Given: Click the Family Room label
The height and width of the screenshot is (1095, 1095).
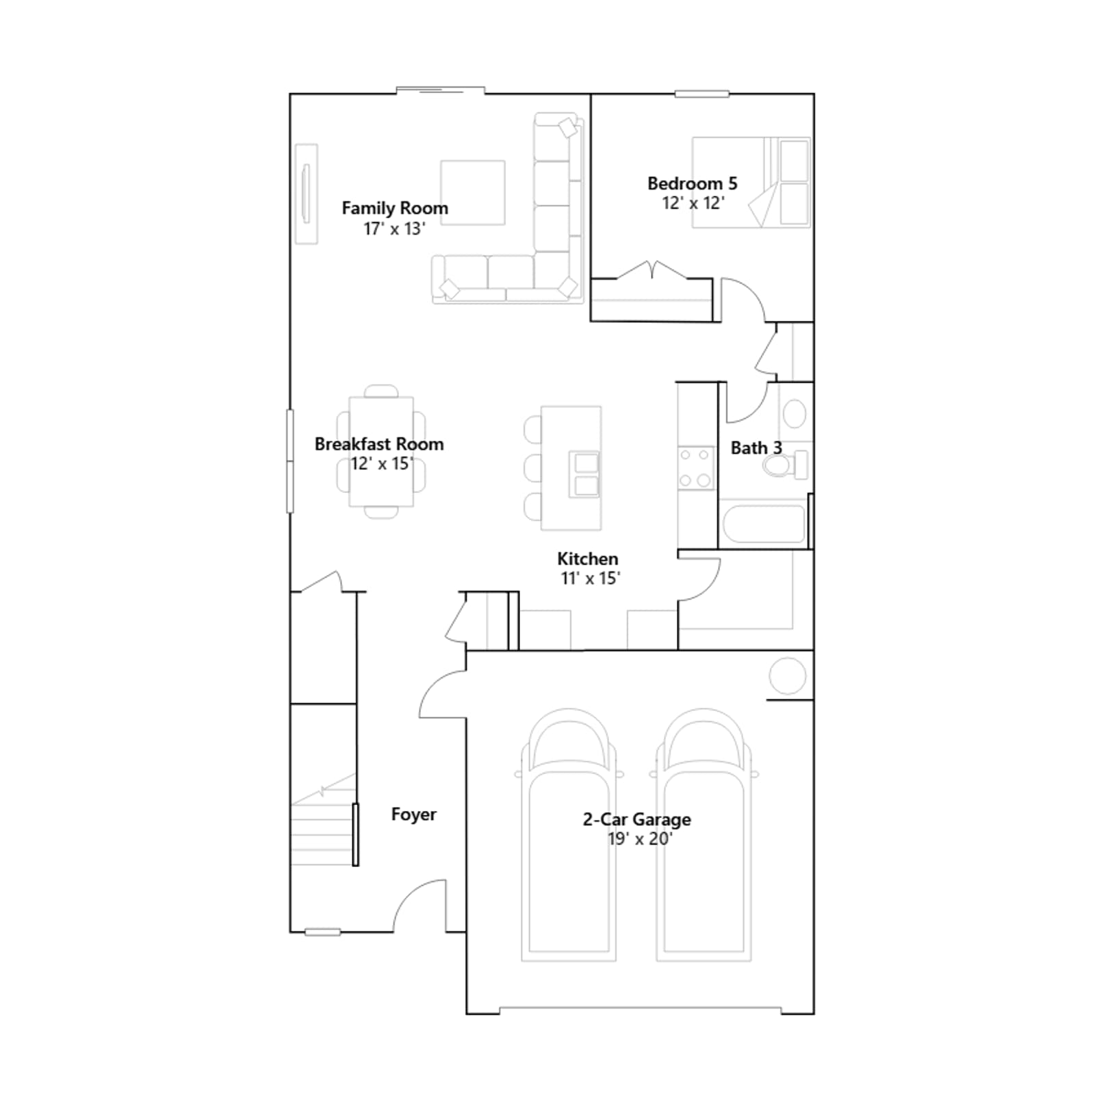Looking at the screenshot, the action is pyautogui.click(x=395, y=208).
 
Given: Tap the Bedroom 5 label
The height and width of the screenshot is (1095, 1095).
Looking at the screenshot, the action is pyautogui.click(x=693, y=183).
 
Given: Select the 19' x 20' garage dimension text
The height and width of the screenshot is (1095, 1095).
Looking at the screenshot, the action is pyautogui.click(x=640, y=839).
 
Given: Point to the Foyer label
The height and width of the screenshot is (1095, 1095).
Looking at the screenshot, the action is pyautogui.click(x=414, y=814).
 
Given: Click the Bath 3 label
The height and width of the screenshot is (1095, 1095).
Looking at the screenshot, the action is pyautogui.click(x=756, y=448).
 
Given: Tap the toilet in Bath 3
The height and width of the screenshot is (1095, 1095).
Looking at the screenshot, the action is pyautogui.click(x=785, y=466).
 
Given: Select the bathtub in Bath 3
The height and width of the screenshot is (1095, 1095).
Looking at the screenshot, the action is pyautogui.click(x=763, y=524).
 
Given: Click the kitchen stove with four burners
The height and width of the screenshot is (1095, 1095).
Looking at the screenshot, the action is pyautogui.click(x=695, y=467).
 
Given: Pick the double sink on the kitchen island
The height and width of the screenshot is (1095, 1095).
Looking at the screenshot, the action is pyautogui.click(x=586, y=474).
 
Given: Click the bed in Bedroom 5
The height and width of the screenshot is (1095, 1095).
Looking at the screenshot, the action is pyautogui.click(x=751, y=182).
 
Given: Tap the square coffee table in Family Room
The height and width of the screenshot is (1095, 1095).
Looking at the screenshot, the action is pyautogui.click(x=473, y=193).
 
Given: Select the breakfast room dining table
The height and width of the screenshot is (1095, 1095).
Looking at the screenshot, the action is pyautogui.click(x=381, y=452).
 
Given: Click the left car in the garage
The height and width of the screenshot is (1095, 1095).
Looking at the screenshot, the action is pyautogui.click(x=569, y=835).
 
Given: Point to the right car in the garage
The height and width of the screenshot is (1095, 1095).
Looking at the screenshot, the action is pyautogui.click(x=704, y=835).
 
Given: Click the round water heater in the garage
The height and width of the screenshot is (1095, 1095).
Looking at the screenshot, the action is pyautogui.click(x=788, y=676).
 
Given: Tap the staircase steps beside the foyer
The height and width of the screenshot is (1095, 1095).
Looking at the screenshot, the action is pyautogui.click(x=323, y=828).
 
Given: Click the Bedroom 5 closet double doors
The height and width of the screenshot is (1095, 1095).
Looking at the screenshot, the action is pyautogui.click(x=652, y=270).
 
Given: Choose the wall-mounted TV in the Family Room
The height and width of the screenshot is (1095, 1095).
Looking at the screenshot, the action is pyautogui.click(x=306, y=194).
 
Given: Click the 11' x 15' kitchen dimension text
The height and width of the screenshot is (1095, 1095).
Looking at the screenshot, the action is pyautogui.click(x=590, y=578).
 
